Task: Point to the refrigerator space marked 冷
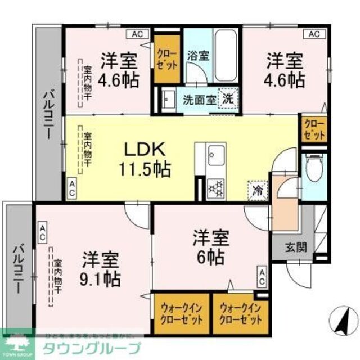pos(257,188)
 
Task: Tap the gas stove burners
pos(215,187)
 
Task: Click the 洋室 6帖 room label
pos(211,247)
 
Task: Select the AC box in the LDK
pos(73,187)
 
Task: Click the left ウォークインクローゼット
pos(181,313)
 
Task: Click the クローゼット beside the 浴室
pos(166,58)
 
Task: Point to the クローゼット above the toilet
pos(314,129)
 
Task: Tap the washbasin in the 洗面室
pos(168,100)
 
